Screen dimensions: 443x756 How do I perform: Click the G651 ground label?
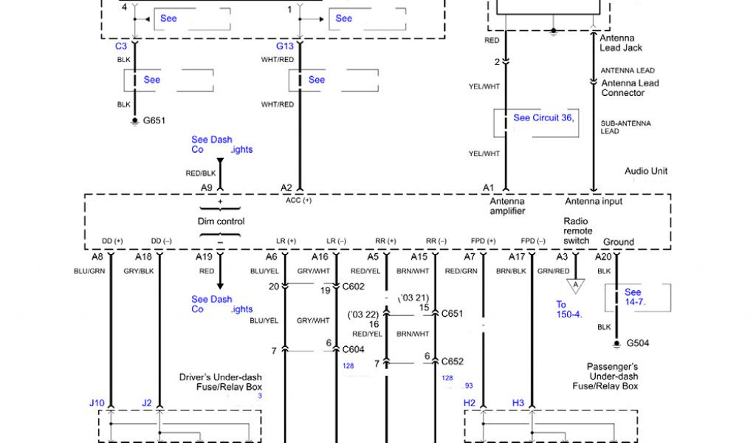154,120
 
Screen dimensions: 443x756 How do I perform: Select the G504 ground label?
637,343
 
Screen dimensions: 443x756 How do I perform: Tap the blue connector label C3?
121,46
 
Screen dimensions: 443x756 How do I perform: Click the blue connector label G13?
285,46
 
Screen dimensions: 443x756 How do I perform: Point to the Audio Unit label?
646,171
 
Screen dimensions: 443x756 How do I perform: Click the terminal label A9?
207,188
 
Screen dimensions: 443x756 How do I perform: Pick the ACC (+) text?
298,200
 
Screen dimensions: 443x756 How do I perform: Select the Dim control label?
221,221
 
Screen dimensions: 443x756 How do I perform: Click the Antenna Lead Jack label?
621,43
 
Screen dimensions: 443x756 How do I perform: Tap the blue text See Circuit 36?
543,117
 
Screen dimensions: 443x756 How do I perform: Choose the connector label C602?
354,287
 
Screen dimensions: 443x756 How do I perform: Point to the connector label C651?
453,313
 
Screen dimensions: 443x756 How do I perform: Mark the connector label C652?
453,361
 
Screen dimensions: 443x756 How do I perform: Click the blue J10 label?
97,402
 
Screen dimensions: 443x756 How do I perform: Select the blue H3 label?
518,402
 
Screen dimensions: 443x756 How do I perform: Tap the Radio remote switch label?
577,230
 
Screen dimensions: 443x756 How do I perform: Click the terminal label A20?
603,256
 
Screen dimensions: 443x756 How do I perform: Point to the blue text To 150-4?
569,309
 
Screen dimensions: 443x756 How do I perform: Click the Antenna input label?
594,201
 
